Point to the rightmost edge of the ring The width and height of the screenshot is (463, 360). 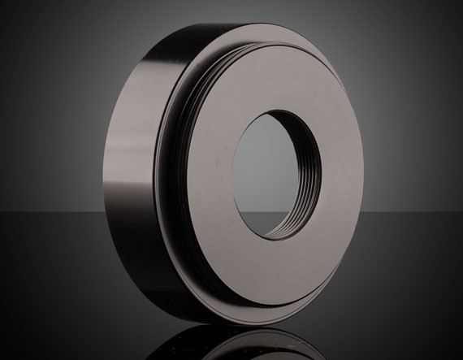(387, 163)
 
